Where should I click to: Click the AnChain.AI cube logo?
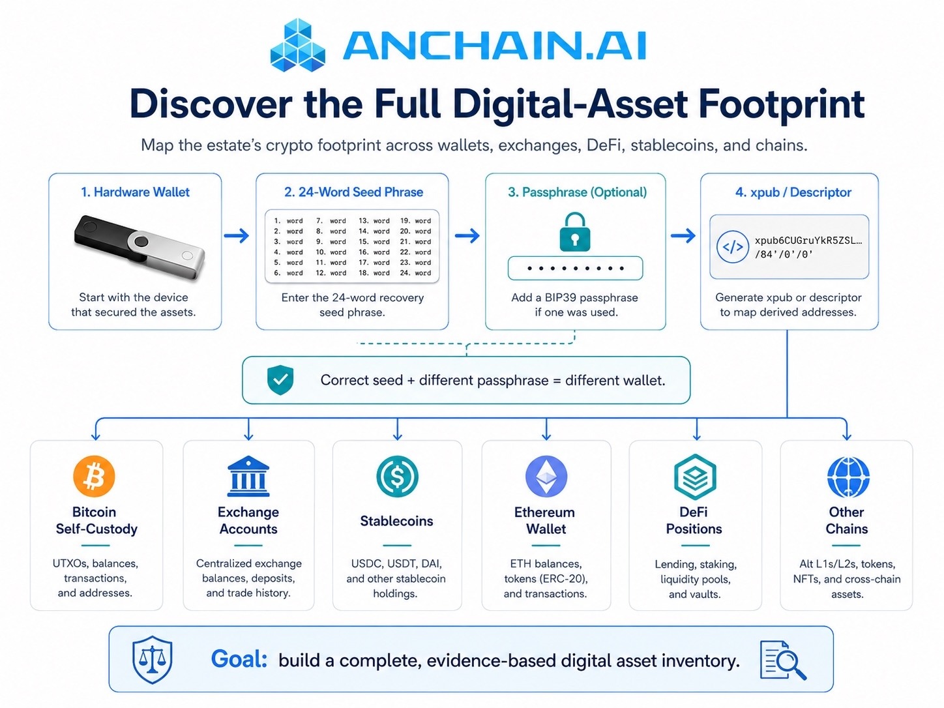297,45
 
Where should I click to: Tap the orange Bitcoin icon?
94,477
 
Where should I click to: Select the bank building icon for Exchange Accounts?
248,476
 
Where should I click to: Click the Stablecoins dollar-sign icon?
398,477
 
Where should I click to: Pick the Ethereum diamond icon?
546,477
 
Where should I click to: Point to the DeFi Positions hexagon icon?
695,477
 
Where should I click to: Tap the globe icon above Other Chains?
848,477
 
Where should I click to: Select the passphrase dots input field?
576,268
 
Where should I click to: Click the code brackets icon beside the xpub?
732,246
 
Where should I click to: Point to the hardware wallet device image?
139,247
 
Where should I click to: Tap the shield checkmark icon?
280,379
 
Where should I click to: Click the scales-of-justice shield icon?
153,660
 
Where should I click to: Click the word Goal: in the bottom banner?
239,659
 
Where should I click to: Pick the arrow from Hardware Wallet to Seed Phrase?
237,235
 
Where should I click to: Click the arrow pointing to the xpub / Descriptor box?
683,235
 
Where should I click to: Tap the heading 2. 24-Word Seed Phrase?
353,192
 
